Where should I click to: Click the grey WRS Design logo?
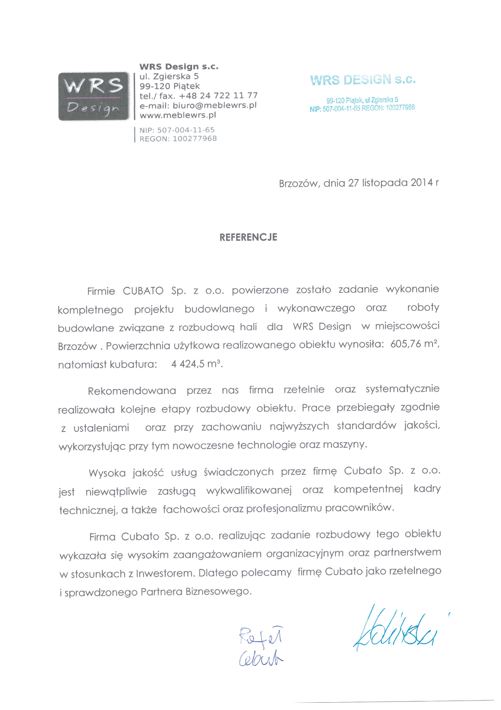[94, 96]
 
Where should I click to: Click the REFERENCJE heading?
[248, 237]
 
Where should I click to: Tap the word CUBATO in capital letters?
[143, 291]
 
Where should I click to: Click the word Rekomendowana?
[132, 391]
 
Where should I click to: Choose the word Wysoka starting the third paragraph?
[107, 473]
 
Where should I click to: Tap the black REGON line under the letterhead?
[178, 139]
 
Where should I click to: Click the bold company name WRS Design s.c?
[179, 67]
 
